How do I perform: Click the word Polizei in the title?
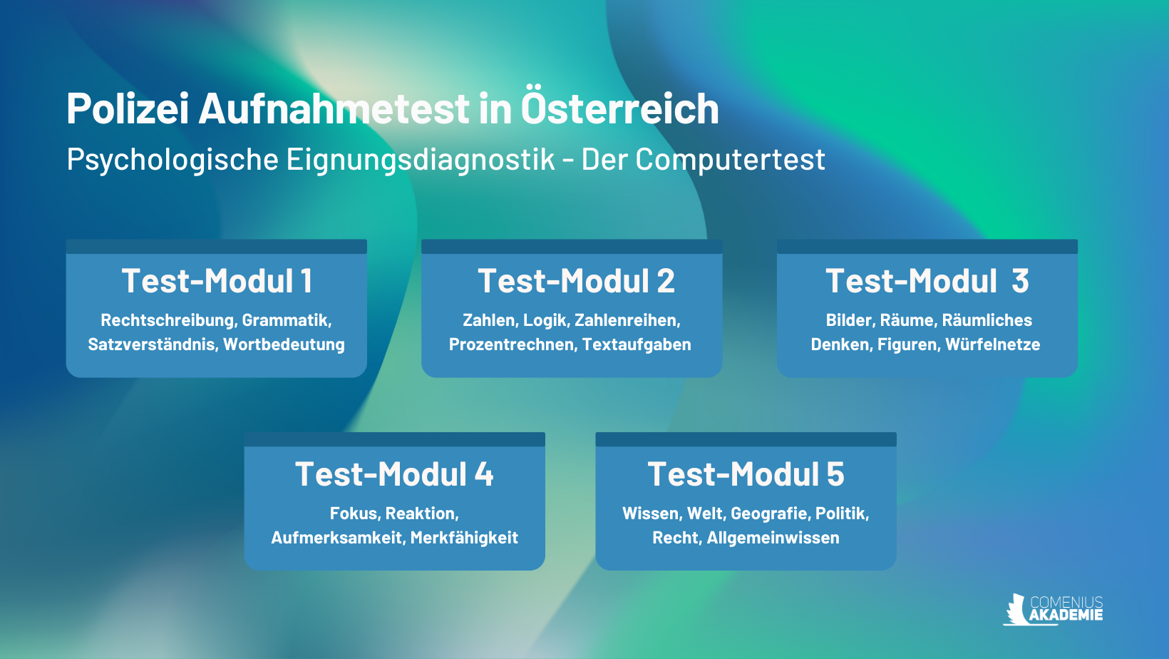[128, 108]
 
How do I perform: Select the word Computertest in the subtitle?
[730, 160]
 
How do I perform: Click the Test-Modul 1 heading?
[217, 281]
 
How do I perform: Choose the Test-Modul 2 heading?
[576, 281]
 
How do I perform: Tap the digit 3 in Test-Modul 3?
[1020, 281]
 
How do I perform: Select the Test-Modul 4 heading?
[395, 474]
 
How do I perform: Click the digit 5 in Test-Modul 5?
[835, 474]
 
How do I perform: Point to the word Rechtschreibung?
[168, 320]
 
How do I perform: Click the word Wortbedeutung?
[284, 344]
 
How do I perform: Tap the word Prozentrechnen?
[513, 344]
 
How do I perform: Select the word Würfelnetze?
[993, 344]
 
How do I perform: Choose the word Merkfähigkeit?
[464, 538]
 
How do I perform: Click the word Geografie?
[770, 514]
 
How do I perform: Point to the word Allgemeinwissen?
[773, 538]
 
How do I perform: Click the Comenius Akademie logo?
[1053, 609]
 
